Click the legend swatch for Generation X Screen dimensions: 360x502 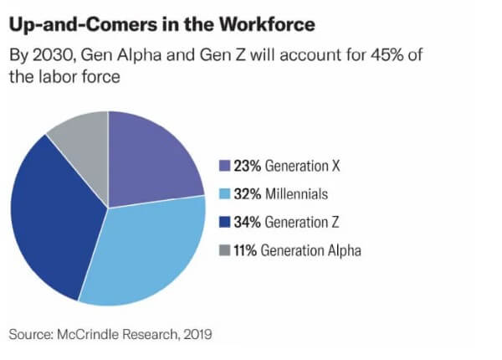[x=223, y=166]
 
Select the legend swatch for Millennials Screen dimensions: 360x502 [x=223, y=194]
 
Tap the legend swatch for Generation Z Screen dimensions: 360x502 [x=223, y=222]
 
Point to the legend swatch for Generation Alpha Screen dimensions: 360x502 [x=223, y=250]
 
